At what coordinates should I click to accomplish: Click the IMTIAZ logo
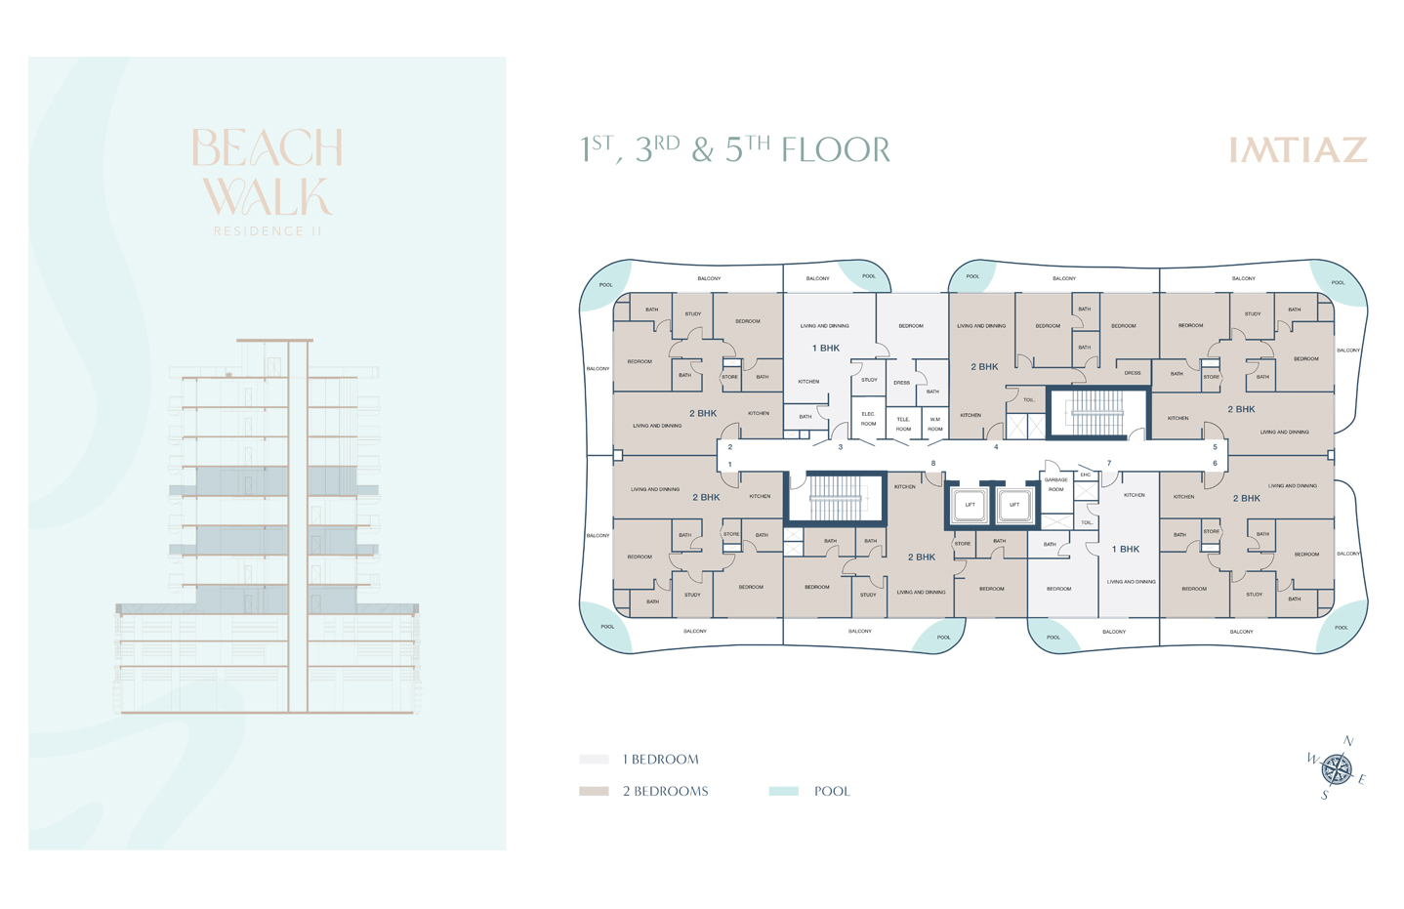tap(1297, 150)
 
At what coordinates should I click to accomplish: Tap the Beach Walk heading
tap(267, 172)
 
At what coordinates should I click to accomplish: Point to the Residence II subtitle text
tap(268, 231)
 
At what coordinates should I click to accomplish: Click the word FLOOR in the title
tap(836, 150)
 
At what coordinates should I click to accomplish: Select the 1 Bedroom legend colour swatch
tap(594, 759)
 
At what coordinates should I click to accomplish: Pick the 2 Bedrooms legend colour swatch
tap(594, 791)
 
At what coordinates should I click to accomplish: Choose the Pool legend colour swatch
tap(783, 791)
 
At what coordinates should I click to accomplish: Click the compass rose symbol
tap(1337, 769)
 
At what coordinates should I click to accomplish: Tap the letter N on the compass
tap(1348, 742)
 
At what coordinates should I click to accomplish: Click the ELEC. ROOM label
tap(868, 419)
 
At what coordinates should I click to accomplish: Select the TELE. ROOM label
tap(903, 424)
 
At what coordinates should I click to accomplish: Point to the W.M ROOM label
tap(934, 424)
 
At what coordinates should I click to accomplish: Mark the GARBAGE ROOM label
tap(1055, 484)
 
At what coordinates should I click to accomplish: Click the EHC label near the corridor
tap(1085, 475)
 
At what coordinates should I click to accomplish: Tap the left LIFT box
tap(970, 505)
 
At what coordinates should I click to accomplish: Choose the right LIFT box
tap(1014, 505)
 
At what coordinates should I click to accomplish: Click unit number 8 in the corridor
tap(933, 463)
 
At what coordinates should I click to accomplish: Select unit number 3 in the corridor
tap(840, 447)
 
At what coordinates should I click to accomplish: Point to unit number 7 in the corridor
tap(1109, 463)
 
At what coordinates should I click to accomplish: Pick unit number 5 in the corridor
tap(1215, 447)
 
